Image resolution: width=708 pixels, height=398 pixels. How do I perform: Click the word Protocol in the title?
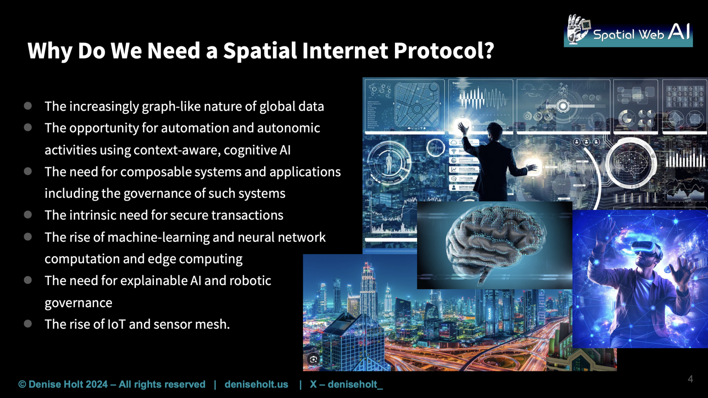pyautogui.click(x=443, y=50)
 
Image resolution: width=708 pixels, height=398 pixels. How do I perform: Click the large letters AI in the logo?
pyautogui.click(x=678, y=32)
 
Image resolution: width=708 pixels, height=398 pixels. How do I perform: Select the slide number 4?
pyautogui.click(x=690, y=379)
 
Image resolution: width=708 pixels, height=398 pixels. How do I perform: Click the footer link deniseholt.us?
pyautogui.click(x=256, y=385)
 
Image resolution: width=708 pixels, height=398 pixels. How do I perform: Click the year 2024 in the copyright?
pyautogui.click(x=96, y=385)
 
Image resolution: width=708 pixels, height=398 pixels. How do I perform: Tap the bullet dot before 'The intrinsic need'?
pyautogui.click(x=28, y=214)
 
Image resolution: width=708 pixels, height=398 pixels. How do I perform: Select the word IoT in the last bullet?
pyautogui.click(x=116, y=324)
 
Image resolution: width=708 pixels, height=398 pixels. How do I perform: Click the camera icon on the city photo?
pyautogui.click(x=313, y=359)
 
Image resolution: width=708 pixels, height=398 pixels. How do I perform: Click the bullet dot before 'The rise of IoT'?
pyautogui.click(x=28, y=324)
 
